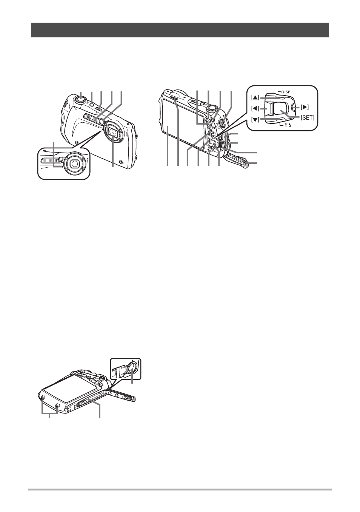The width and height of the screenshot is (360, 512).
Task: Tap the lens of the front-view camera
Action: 113,132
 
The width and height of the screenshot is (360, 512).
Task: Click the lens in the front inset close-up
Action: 74,163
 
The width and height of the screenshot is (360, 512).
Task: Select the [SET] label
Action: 308,118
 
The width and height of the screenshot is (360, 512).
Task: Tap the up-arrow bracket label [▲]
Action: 255,97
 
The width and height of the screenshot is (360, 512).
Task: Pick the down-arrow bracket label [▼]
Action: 255,119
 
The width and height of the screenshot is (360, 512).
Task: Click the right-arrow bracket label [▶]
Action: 305,107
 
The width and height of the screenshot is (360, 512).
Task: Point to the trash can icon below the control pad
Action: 285,125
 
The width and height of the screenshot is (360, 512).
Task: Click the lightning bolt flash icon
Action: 290,125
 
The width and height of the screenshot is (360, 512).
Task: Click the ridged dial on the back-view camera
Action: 222,123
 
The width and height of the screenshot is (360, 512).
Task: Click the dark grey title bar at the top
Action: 180,30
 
